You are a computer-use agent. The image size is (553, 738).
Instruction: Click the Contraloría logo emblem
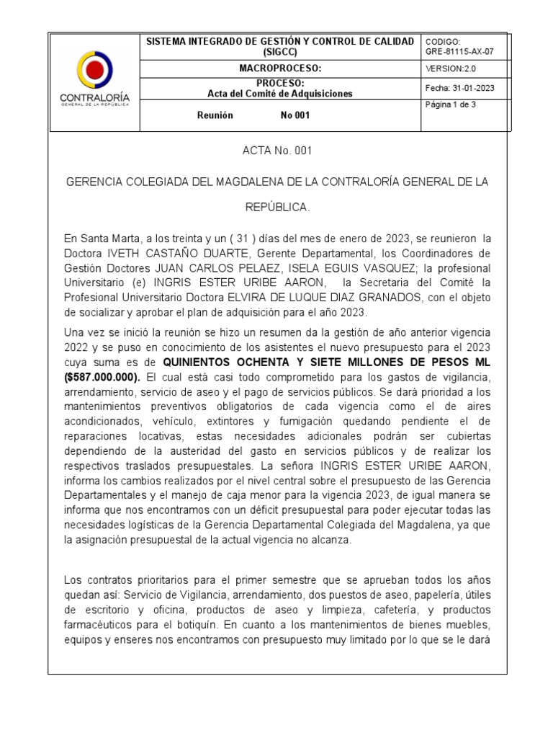click(94, 70)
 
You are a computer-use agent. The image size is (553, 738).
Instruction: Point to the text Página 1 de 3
click(451, 105)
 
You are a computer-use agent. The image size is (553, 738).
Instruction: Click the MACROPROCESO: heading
click(280, 68)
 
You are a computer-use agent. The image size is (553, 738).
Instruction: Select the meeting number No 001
click(295, 116)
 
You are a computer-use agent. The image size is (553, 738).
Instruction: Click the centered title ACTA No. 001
click(277, 151)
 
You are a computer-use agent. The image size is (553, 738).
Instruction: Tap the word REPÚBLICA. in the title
click(277, 208)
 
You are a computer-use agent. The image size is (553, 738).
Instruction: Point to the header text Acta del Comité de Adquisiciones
click(280, 94)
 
